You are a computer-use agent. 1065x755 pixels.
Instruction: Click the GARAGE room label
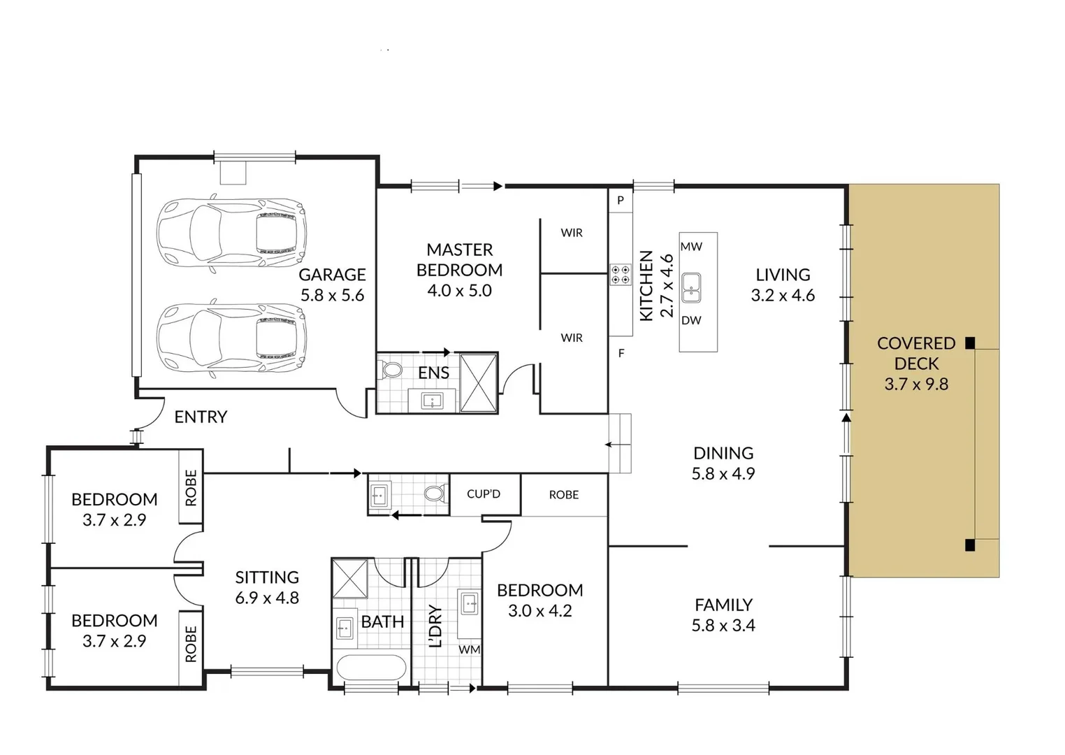tap(332, 275)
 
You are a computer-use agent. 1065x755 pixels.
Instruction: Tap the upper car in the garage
tap(231, 231)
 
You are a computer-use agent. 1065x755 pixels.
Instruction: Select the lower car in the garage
tap(231, 338)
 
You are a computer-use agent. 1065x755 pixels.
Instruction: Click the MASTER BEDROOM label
tap(459, 259)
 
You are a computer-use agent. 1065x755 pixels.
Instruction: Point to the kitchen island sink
tap(691, 287)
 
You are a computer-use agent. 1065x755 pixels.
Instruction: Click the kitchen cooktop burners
tap(620, 274)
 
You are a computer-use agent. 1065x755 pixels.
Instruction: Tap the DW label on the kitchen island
tap(691, 321)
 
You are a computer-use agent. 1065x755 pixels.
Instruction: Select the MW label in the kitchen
tap(691, 247)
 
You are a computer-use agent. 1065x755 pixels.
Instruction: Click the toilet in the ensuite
tap(392, 371)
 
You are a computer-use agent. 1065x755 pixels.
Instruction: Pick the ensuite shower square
tap(479, 382)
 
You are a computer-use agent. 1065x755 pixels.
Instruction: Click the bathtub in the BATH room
tap(370, 667)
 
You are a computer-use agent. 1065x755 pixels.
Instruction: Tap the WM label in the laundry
tap(469, 649)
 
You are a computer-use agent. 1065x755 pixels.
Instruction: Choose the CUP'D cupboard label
tap(484, 494)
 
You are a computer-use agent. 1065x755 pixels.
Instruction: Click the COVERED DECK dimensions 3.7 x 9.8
tap(916, 384)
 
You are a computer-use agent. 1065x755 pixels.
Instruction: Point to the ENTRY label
tap(201, 417)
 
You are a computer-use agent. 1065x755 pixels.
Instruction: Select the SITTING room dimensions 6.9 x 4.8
tap(267, 598)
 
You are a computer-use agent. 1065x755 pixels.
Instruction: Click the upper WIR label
tap(571, 233)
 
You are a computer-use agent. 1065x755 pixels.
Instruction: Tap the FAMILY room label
tap(723, 605)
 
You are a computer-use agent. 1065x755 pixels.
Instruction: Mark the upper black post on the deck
tap(969, 343)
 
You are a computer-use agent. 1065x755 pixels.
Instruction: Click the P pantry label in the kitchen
tap(620, 201)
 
